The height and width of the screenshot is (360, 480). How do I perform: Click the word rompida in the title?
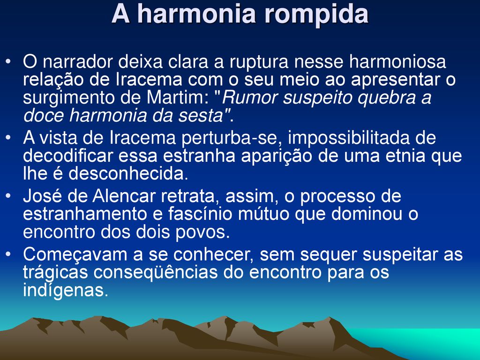[316, 15]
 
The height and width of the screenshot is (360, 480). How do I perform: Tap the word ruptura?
[259, 62]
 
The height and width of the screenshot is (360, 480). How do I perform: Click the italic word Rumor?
[250, 97]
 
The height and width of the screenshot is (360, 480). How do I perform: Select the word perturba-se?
[232, 138]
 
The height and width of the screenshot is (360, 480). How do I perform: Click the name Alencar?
[124, 196]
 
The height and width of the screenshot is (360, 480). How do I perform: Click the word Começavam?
[75, 255]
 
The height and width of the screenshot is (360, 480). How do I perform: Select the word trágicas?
[55, 272]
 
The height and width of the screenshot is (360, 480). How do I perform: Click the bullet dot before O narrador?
[8, 62]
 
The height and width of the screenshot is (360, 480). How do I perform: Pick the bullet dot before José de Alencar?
[8, 196]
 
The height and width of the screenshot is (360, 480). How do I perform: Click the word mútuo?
[263, 214]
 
